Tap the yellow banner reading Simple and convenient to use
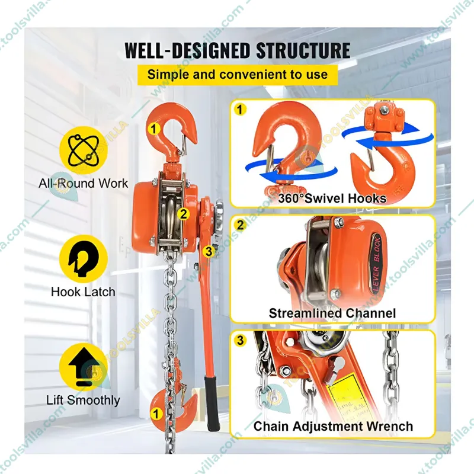(237, 75)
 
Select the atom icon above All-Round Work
(84, 149)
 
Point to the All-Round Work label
(84, 183)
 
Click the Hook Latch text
(83, 292)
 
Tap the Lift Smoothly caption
(83, 401)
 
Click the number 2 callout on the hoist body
(184, 214)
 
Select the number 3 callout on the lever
(208, 251)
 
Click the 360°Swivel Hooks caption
(332, 198)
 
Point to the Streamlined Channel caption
(332, 313)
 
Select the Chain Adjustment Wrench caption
(333, 426)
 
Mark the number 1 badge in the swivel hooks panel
(239, 109)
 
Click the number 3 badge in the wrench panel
(239, 340)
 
